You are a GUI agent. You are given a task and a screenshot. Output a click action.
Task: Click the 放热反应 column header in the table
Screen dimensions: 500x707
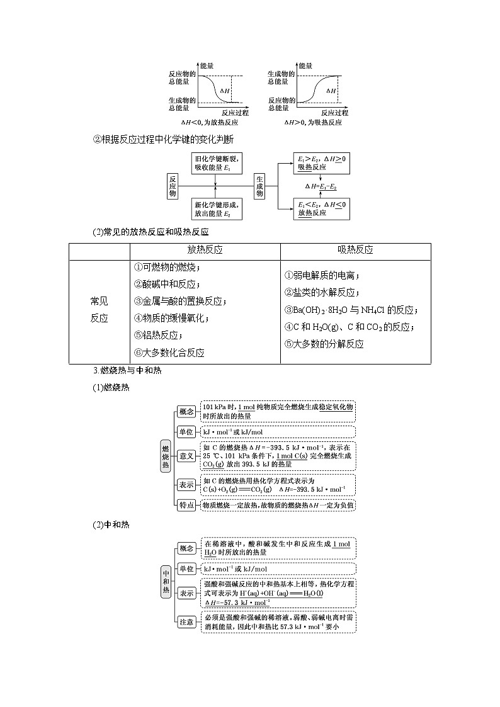pyautogui.click(x=205, y=250)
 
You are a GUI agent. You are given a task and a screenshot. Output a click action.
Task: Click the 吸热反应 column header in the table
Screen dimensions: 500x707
pyautogui.click(x=355, y=250)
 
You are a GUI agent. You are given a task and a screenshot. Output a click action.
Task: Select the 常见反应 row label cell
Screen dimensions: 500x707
pyautogui.click(x=99, y=310)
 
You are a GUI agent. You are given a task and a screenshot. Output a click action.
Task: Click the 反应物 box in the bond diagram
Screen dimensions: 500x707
pyautogui.click(x=172, y=186)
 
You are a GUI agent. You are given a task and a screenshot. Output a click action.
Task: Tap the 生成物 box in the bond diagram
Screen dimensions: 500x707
pyautogui.click(x=259, y=186)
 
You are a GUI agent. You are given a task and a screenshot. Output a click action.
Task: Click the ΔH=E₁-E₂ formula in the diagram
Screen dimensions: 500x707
pyautogui.click(x=321, y=186)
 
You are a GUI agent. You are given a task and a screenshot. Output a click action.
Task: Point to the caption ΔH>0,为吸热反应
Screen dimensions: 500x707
pyautogui.click(x=313, y=122)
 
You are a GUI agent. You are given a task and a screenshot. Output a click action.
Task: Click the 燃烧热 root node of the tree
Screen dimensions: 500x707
pyautogui.click(x=166, y=456)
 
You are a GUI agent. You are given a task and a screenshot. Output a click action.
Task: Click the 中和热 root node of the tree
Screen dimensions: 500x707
pyautogui.click(x=166, y=582)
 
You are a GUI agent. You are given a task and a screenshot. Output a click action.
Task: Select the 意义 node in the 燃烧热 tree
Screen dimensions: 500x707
pyautogui.click(x=186, y=456)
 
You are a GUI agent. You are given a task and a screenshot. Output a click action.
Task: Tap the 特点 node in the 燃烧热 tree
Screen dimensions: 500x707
pyautogui.click(x=186, y=505)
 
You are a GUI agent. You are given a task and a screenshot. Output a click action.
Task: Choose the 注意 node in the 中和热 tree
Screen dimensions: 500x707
pyautogui.click(x=186, y=622)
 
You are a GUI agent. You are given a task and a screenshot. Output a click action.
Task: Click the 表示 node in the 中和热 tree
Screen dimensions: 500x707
pyautogui.click(x=186, y=594)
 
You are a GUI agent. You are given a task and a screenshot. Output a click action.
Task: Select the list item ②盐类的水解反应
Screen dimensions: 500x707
pyautogui.click(x=322, y=293)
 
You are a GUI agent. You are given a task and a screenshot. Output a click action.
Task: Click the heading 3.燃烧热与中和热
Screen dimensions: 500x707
pyautogui.click(x=127, y=371)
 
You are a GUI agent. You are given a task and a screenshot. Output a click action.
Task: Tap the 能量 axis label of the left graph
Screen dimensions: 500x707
pyautogui.click(x=207, y=66)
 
